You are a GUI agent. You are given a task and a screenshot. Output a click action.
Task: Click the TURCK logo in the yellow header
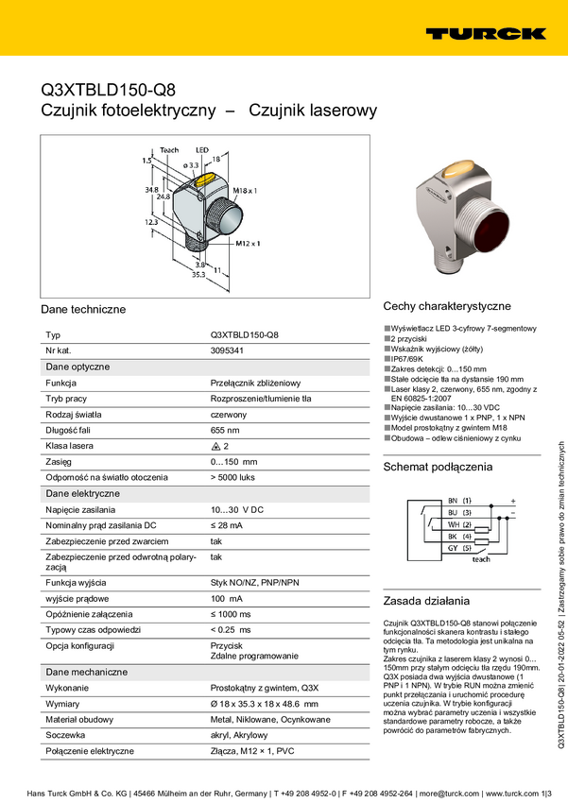[x=485, y=33]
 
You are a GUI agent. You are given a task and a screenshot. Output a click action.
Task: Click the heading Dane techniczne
[x=83, y=310]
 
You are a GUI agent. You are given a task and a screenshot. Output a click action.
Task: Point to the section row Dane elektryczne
[x=82, y=494]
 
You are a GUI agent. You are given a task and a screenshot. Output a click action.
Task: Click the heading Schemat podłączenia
[x=438, y=467]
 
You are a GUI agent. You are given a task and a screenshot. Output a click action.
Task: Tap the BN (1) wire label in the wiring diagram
[x=460, y=500]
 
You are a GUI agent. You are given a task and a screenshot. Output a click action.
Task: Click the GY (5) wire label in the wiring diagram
[x=460, y=548]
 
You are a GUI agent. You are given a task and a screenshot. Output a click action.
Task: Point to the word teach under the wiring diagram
[x=481, y=559]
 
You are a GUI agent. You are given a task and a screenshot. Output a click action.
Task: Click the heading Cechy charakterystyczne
[x=447, y=306]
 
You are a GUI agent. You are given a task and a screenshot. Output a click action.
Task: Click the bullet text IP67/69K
[x=411, y=359]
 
